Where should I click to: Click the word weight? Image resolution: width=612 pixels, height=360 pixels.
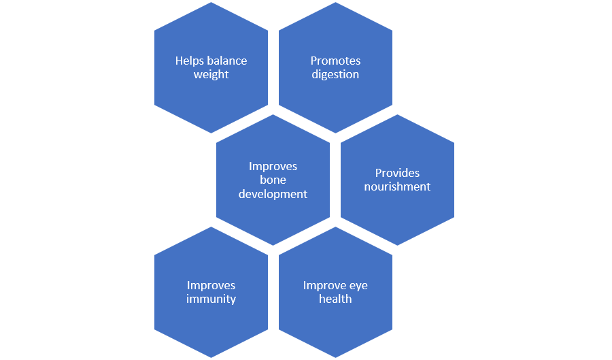click(x=211, y=75)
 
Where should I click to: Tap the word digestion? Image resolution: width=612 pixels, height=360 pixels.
click(x=335, y=75)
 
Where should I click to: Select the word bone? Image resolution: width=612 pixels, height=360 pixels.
click(x=273, y=180)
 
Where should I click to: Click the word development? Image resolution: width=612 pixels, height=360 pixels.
click(x=273, y=194)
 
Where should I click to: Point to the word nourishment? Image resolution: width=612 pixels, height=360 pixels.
click(x=397, y=186)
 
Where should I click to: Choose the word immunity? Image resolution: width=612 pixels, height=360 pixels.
click(x=211, y=299)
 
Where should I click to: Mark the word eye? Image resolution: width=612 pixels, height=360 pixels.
click(x=358, y=285)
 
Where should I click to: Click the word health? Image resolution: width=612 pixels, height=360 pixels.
click(x=335, y=299)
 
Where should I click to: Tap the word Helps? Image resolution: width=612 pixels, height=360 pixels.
click(x=189, y=61)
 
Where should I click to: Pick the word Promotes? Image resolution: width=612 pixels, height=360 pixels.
click(x=335, y=61)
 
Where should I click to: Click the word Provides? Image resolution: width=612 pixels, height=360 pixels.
click(x=397, y=173)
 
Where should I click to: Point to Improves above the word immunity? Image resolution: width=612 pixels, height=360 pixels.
click(x=211, y=285)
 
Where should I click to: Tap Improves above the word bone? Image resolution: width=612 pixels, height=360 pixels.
click(x=273, y=166)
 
